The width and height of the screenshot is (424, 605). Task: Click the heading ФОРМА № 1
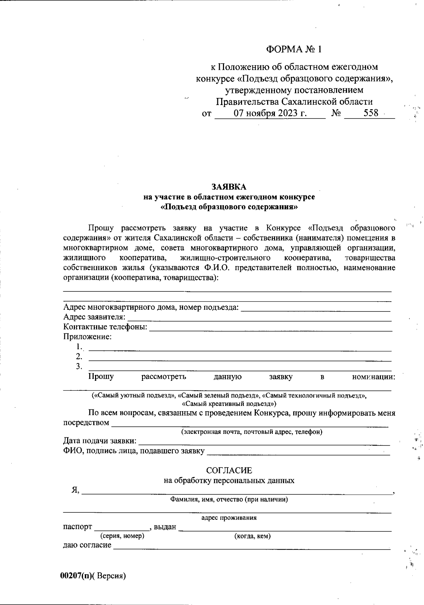pos(294,49)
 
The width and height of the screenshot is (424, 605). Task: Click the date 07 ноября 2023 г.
pos(270,114)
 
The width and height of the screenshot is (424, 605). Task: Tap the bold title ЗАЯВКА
pos(229,187)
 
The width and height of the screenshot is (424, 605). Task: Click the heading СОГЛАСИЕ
pos(229,470)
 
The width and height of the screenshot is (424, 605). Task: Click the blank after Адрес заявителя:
pos(259,318)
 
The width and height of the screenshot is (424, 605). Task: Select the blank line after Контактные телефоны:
pos(270,328)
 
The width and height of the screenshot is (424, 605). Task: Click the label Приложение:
pos(87,337)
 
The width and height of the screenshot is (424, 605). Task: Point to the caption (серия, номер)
pos(122,536)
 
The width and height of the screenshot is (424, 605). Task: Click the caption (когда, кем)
pos(253,536)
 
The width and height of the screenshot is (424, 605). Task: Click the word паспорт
pos(77,527)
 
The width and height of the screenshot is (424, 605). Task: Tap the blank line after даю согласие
pos(252,547)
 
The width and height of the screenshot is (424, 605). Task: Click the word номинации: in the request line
pos(373,377)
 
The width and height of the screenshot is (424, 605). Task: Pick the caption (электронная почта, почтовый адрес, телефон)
pos(252,432)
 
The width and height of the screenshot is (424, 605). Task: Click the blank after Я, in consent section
pos(237,491)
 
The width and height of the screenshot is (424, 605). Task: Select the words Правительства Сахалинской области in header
pos(294,102)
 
